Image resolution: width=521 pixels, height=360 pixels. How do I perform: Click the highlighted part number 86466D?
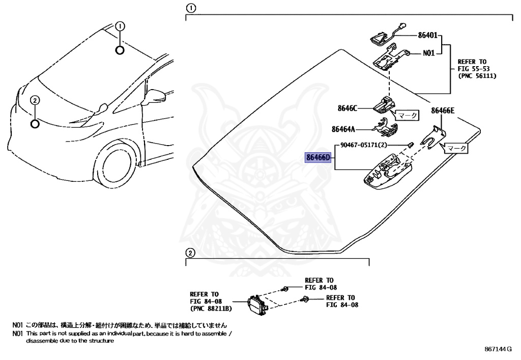coord(318,157)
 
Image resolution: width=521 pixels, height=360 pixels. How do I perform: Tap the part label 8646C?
coord(348,108)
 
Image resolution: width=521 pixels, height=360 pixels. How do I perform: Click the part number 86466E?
coord(443,110)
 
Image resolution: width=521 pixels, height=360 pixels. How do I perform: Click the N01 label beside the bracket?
coord(429,52)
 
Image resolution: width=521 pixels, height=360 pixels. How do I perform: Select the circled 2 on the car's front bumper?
coord(35,100)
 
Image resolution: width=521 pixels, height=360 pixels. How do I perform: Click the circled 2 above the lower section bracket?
coord(189,253)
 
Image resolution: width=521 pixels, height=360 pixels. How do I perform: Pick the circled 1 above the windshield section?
coord(190,8)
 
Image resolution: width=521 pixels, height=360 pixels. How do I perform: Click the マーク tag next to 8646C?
coord(407,116)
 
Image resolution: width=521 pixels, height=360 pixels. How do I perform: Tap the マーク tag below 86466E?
coord(455,148)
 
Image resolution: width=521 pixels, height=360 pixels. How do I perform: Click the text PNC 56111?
coord(477,75)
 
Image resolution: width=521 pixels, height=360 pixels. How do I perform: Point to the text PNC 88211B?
coord(211,309)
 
